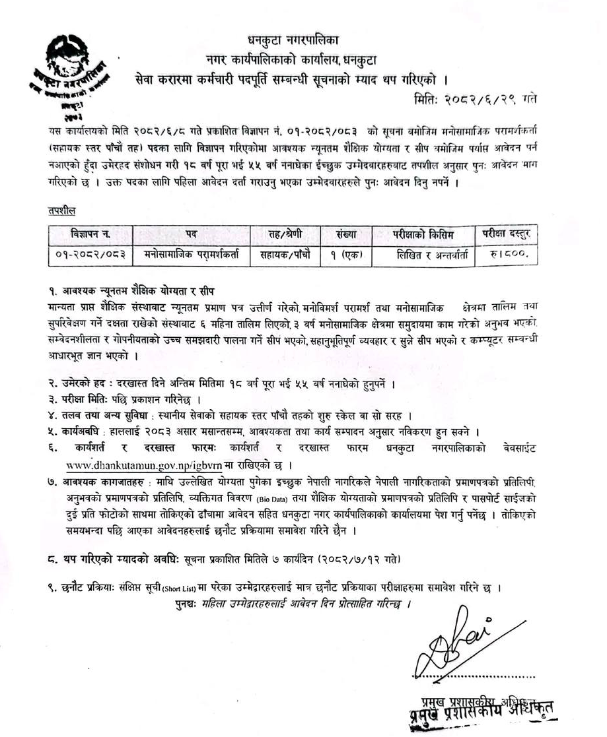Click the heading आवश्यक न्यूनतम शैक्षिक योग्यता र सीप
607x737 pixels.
(145, 291)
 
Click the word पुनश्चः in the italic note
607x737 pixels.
(184, 603)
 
